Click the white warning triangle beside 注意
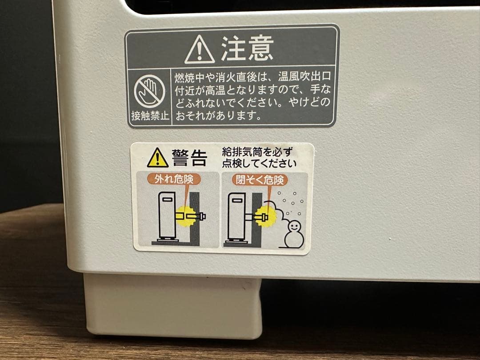199,50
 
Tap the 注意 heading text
248,48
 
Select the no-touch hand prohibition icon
149,91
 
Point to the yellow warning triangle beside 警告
158,158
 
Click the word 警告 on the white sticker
190,158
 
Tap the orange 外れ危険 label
174,179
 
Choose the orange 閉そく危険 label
260,180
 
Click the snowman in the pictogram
294,234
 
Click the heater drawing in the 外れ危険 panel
167,217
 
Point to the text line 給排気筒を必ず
257,151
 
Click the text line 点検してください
259,164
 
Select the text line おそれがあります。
219,116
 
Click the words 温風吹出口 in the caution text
304,76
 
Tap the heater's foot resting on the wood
173,306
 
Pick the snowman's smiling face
294,227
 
